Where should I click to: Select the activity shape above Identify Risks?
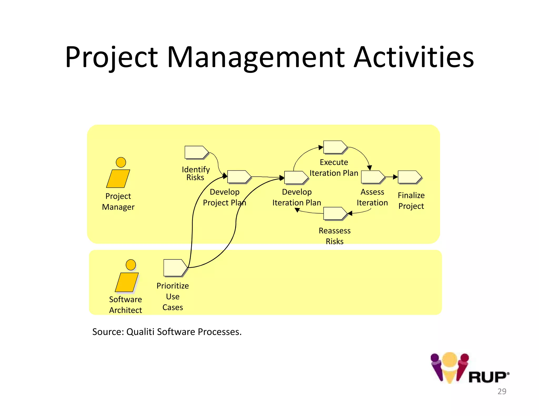tap(196, 152)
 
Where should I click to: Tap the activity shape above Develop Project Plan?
tap(238, 177)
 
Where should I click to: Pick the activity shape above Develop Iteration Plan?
tap(296, 177)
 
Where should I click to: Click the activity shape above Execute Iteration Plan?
tap(335, 147)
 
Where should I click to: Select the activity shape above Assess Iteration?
tap(372, 177)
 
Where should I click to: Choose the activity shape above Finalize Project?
tap(409, 177)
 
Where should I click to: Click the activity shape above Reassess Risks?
tap(335, 213)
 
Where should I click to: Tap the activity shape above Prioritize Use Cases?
tap(175, 268)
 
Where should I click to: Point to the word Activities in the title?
tap(413, 57)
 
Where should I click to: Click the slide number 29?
tap(502, 391)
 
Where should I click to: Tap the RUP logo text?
tap(488, 377)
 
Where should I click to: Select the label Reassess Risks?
tap(335, 236)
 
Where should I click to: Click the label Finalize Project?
tap(411, 201)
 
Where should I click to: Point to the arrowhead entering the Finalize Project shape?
tap(395, 177)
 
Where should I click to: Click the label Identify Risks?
tap(196, 173)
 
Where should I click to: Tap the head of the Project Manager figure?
tap(121, 162)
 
